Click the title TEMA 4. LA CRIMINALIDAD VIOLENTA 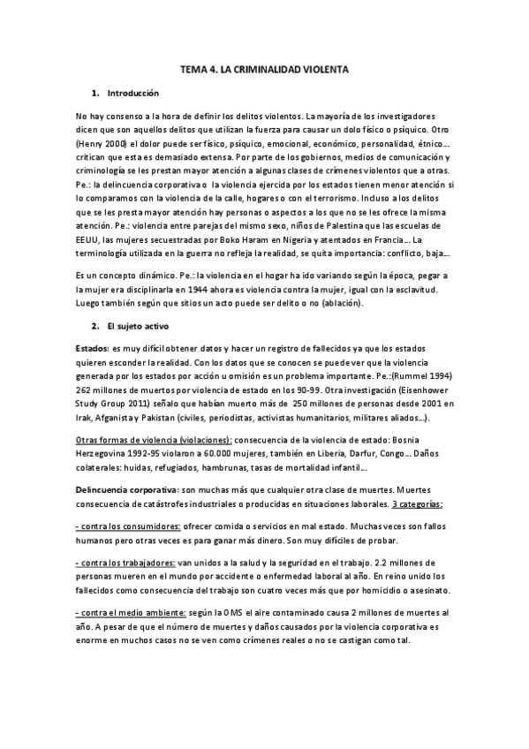tap(264, 67)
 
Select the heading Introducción tap(132, 92)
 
